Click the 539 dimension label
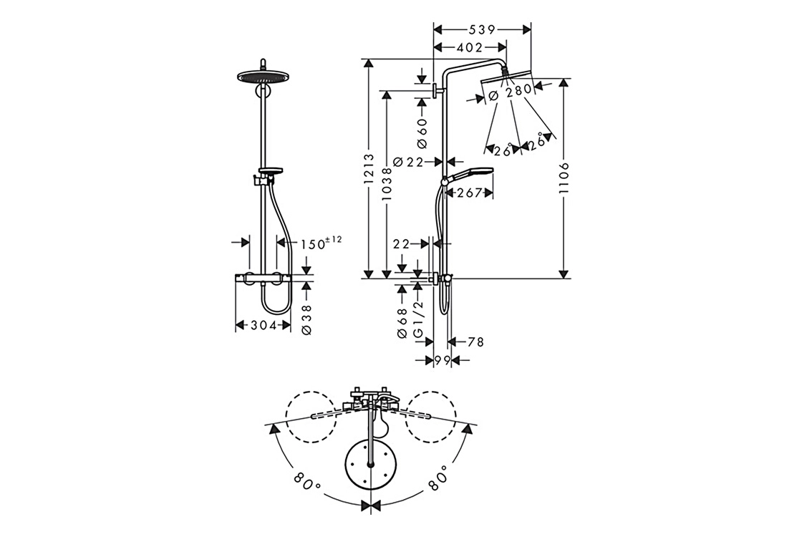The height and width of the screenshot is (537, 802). click(481, 30)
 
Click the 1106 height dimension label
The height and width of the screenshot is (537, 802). click(563, 178)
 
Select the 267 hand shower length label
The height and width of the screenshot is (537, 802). click(469, 193)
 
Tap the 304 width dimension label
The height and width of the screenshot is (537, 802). click(263, 325)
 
